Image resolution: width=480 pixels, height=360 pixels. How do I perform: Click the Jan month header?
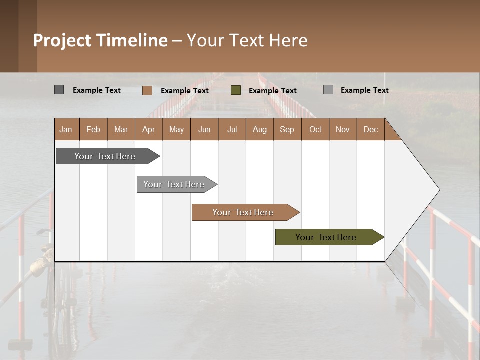[x=66, y=129]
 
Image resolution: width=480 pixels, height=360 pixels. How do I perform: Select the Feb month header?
[x=93, y=129]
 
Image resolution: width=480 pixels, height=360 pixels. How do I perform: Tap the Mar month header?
[x=121, y=129]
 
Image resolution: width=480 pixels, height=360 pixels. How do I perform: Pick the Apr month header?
[x=149, y=129]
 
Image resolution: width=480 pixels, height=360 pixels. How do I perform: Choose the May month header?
[x=176, y=129]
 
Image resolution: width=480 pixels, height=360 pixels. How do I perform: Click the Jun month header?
[x=204, y=129]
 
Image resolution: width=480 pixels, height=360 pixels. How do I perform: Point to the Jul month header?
[x=232, y=129]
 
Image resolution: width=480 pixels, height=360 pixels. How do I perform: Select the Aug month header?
[x=260, y=129]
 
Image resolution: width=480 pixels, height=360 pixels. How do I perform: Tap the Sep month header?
[x=287, y=129]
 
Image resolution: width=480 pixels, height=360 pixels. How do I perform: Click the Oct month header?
[x=315, y=129]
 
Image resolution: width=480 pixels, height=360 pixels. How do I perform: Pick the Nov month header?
[x=343, y=129]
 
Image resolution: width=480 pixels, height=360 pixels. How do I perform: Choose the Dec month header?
[x=371, y=129]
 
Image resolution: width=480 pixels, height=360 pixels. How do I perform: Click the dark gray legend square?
[x=59, y=90]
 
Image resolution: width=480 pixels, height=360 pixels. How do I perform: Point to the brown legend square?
[x=147, y=90]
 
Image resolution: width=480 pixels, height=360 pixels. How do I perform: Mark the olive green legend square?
[x=236, y=90]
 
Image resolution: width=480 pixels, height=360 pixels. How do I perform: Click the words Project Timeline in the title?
[x=100, y=40]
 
